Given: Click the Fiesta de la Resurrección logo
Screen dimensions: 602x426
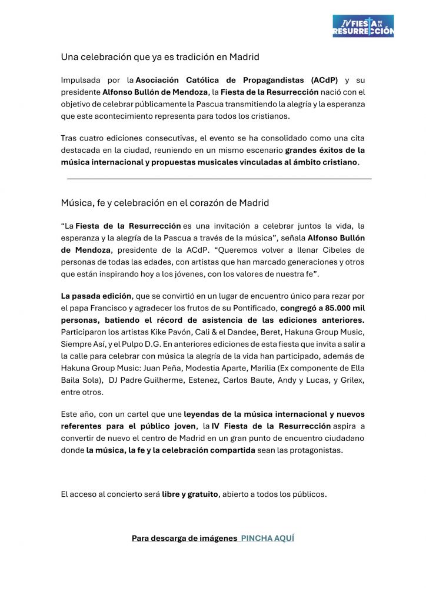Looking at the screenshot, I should (362, 26).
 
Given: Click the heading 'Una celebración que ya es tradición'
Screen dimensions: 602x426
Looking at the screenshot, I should (160, 57).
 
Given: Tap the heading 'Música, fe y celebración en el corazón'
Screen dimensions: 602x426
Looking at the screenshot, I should (165, 203).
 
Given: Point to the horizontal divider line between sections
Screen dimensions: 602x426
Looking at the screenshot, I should (219, 178).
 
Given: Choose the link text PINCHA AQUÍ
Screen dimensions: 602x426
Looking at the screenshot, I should (267, 538).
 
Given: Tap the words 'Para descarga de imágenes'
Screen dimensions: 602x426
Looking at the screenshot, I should (184, 538).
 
